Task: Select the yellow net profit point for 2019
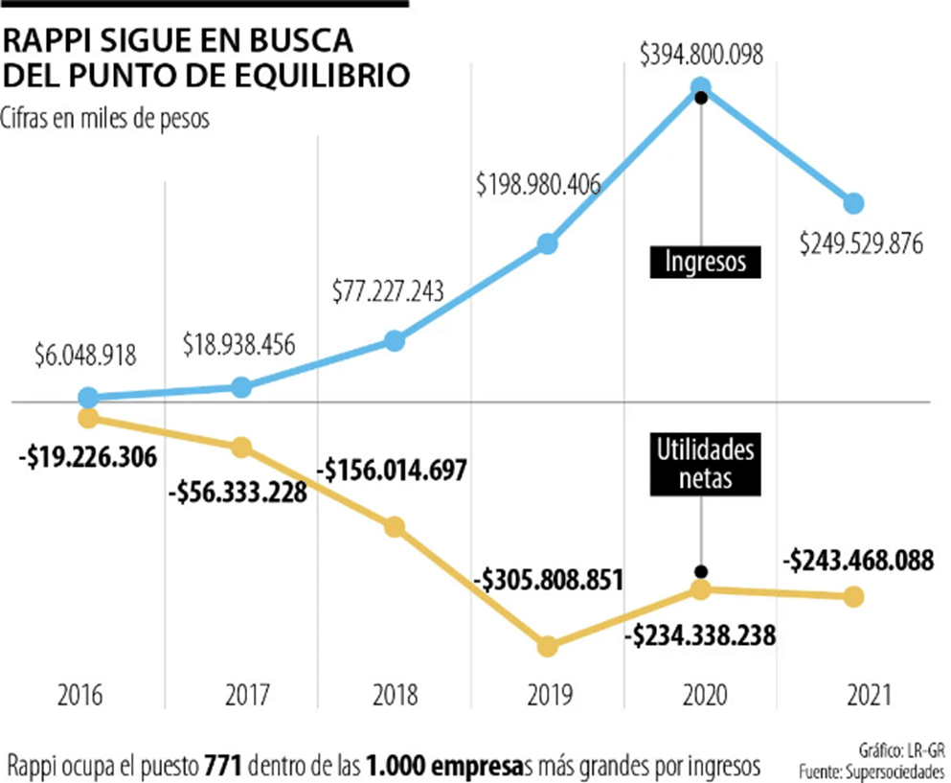pos(547,645)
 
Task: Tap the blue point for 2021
pos(853,203)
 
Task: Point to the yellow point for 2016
pos(87,417)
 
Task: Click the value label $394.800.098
pos(701,56)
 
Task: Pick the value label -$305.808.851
pos(548,580)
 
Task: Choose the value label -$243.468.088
pos(857,560)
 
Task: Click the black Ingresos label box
pos(705,262)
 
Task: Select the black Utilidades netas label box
pos(705,464)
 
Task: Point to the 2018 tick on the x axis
pos(394,694)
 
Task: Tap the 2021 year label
pos(853,694)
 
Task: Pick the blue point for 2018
pos(394,341)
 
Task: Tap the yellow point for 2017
pos(240,447)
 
